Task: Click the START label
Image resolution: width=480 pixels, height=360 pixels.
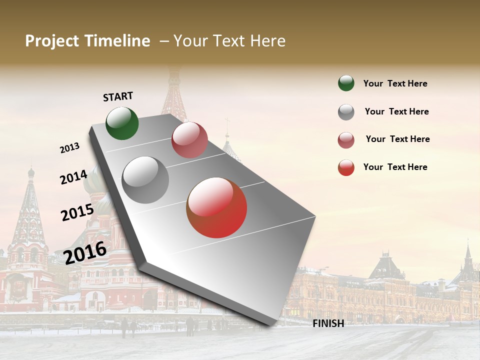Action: (x=118, y=96)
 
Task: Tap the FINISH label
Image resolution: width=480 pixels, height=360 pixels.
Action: (x=328, y=323)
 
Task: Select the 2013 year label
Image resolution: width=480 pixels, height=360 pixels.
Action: (x=70, y=148)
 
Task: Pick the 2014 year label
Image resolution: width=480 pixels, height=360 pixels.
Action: (x=73, y=177)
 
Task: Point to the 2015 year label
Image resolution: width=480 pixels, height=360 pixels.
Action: (x=77, y=212)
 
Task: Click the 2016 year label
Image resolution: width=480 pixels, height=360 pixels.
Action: (x=85, y=252)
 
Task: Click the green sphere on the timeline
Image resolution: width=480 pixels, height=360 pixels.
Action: (x=122, y=123)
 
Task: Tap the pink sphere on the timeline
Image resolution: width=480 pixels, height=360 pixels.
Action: (x=189, y=140)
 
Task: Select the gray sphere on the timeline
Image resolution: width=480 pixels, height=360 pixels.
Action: (x=145, y=180)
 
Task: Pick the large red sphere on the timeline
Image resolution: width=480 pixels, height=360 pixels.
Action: (x=216, y=207)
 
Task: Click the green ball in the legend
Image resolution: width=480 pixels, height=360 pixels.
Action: (x=346, y=83)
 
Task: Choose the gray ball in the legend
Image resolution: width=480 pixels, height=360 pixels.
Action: (x=346, y=112)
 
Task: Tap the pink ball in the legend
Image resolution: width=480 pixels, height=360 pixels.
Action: (x=346, y=140)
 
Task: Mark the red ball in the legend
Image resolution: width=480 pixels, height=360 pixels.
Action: (x=346, y=167)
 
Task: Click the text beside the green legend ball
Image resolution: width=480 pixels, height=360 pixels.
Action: (x=395, y=83)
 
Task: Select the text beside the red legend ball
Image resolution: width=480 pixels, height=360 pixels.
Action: (x=395, y=167)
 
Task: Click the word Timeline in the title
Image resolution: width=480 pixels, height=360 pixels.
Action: (x=117, y=41)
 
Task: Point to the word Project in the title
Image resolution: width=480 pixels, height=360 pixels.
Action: (x=52, y=41)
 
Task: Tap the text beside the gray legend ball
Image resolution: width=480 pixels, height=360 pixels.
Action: (x=396, y=111)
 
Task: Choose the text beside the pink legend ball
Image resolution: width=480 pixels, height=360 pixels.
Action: (x=397, y=139)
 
